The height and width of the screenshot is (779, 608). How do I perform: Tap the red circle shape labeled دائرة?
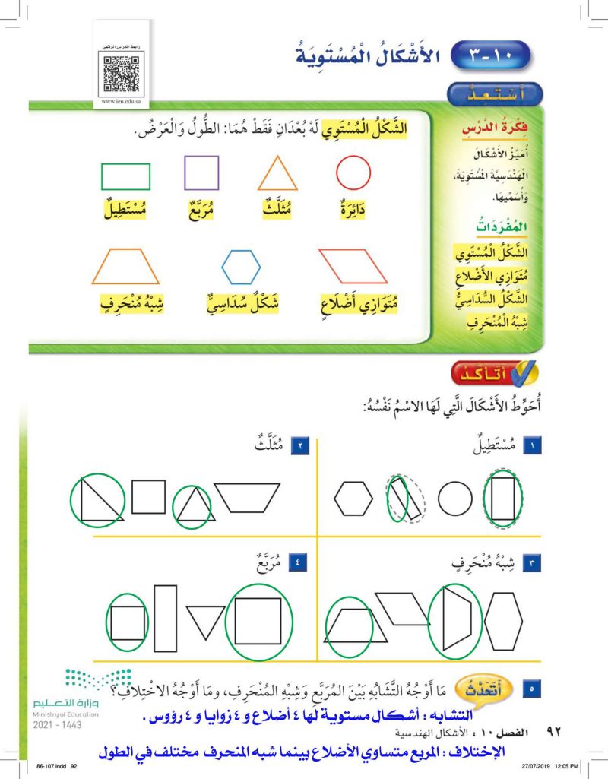tap(353, 173)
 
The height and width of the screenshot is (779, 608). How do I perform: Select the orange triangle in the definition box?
tap(277, 173)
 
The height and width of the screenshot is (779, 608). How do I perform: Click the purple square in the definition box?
tap(201, 173)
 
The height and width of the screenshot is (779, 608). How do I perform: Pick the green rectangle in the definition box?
tap(125, 176)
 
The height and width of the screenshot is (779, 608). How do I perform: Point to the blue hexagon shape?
tap(241, 267)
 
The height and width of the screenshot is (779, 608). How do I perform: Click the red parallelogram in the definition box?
tap(353, 266)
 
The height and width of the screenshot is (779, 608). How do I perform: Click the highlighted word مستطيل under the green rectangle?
tap(125, 208)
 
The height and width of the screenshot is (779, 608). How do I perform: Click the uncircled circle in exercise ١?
tap(455, 499)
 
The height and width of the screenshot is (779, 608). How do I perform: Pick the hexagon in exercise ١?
tap(354, 499)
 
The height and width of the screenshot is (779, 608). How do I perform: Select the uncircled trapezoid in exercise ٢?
tap(247, 497)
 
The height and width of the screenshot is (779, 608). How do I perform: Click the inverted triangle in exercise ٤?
tap(206, 622)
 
